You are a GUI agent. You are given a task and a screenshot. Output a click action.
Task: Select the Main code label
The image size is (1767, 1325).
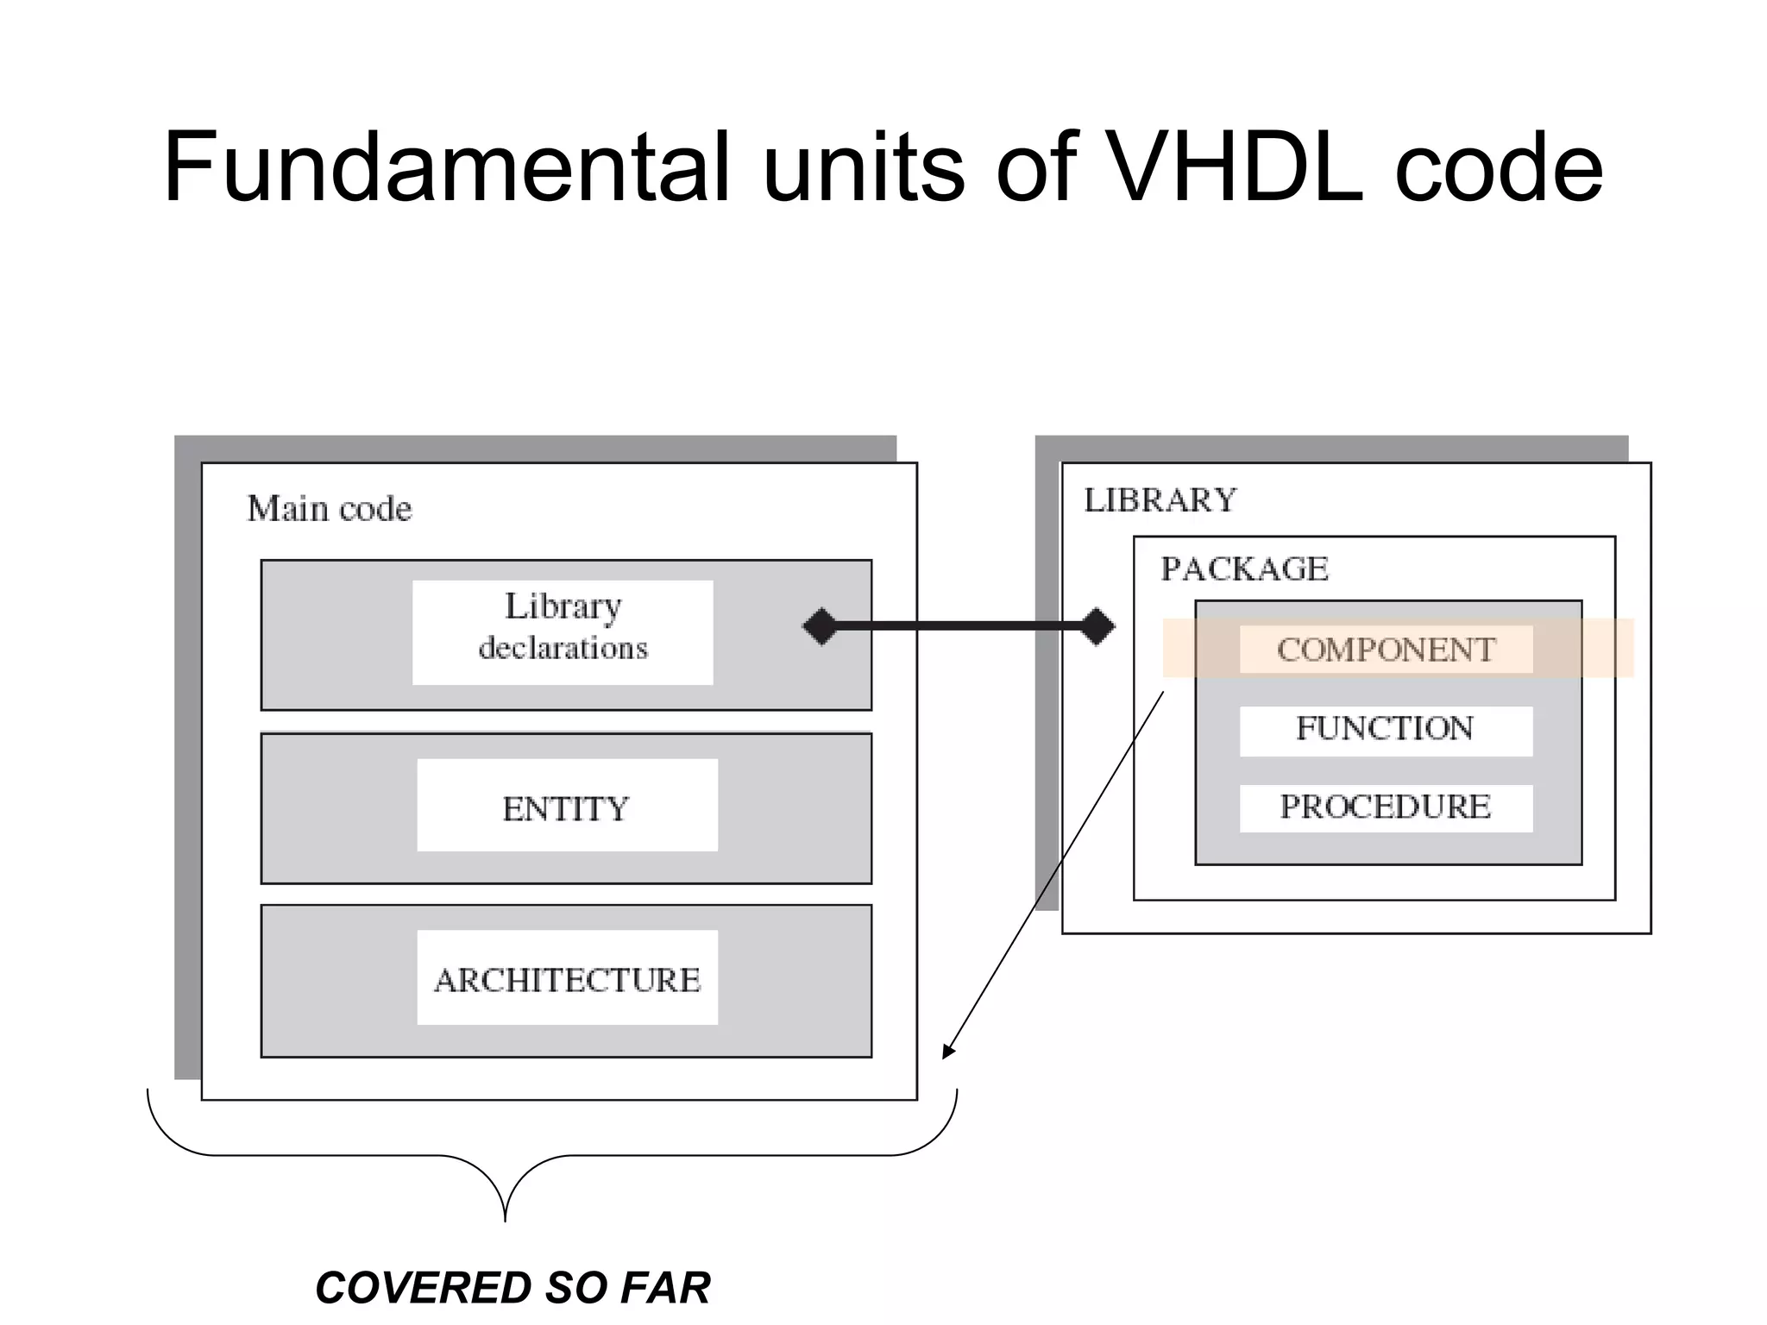pos(329,509)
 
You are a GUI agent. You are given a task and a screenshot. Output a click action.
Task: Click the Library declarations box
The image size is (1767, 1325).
pos(563,632)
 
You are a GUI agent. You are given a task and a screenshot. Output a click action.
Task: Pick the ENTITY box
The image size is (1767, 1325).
pos(567,806)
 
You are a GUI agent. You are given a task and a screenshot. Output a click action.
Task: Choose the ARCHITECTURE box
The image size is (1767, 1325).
pos(567,978)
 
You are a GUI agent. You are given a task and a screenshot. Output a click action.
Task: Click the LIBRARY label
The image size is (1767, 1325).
pos(1160,500)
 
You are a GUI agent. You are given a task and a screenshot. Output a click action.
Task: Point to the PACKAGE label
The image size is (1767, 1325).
pos(1243,569)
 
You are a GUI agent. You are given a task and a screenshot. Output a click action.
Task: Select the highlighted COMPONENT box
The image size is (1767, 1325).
pos(1386,650)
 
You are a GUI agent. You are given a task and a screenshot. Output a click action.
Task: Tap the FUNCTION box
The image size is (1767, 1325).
pos(1386,730)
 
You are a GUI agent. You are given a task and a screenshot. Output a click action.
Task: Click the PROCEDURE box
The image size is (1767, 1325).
pos(1386,807)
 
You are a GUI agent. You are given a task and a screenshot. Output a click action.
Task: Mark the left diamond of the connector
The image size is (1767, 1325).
pos(821,626)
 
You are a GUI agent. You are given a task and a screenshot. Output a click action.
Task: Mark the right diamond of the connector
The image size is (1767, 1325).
pos(1097,626)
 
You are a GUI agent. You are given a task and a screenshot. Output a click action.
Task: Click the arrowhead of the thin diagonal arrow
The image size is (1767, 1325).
pos(947,1052)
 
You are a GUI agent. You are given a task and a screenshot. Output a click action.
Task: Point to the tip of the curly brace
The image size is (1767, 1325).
pos(505,1218)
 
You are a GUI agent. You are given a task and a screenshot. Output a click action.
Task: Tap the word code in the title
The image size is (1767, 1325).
pos(1499,168)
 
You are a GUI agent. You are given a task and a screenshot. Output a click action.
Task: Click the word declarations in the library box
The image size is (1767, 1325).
pos(563,648)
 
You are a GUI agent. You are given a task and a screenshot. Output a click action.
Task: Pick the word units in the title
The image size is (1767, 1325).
pos(862,168)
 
